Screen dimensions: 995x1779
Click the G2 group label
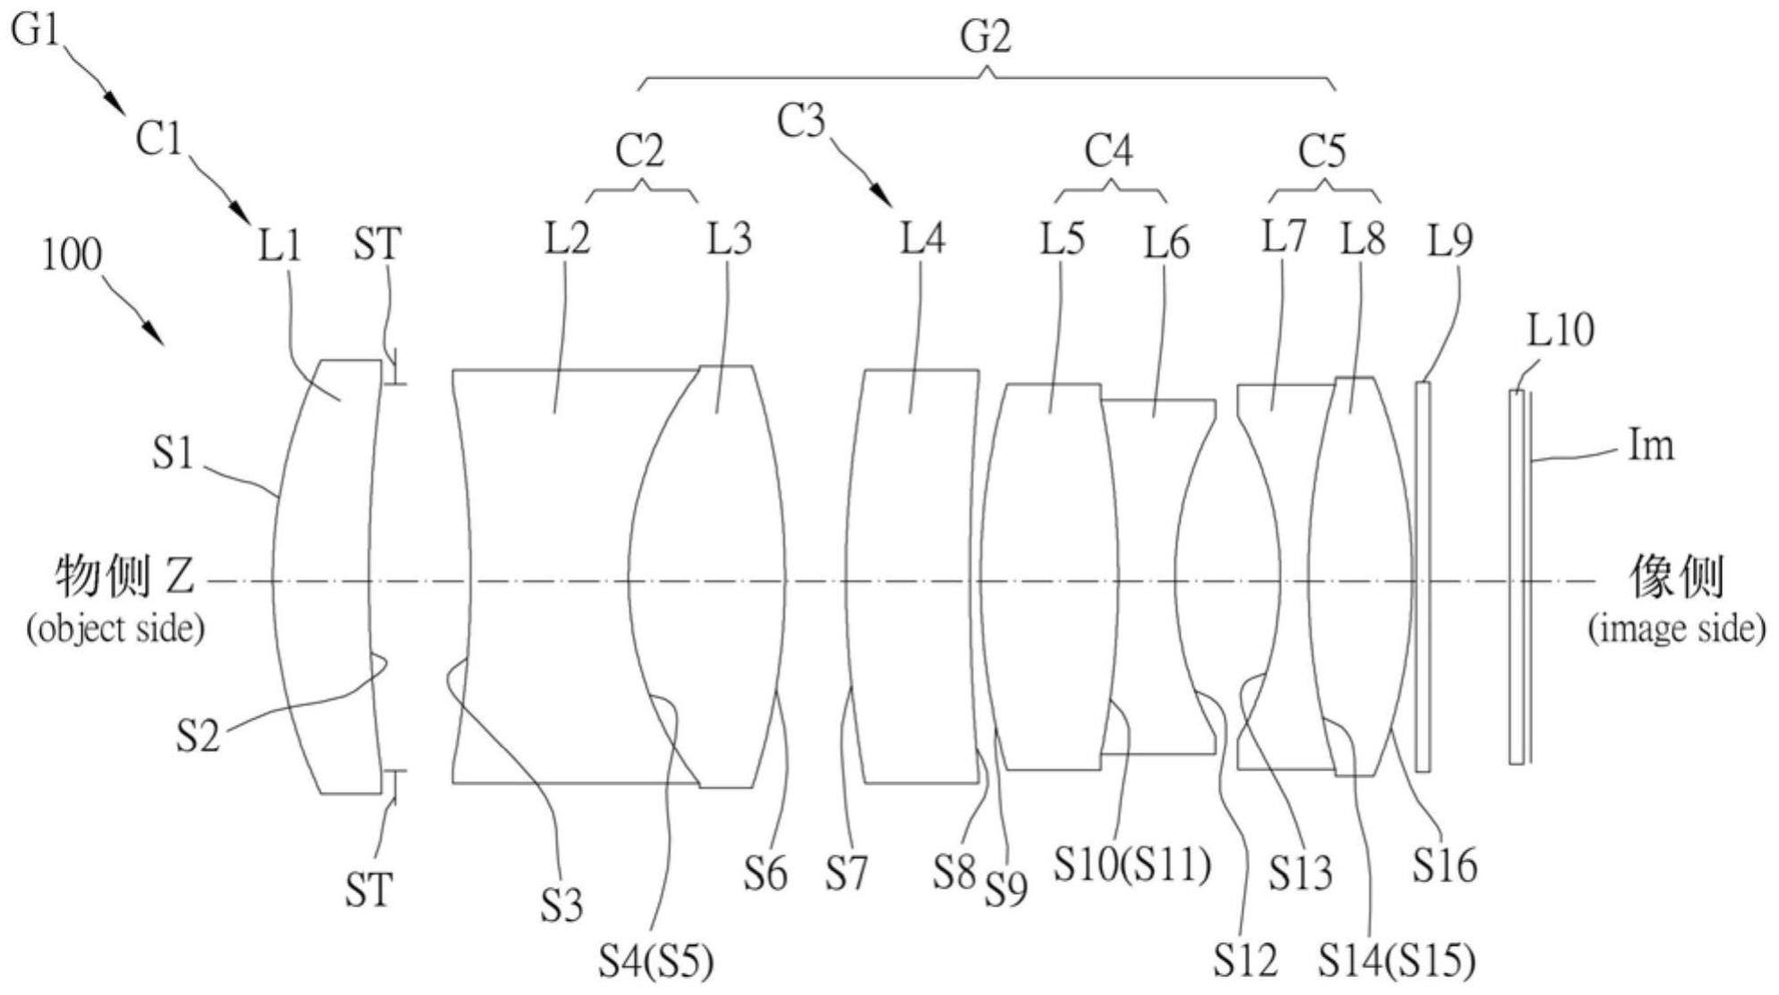[x=985, y=38]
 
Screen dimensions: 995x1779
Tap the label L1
[x=280, y=243]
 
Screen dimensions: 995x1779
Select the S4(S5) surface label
[x=656, y=962]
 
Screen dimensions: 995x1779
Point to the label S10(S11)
[x=1132, y=864]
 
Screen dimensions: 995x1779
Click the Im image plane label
[x=1650, y=445]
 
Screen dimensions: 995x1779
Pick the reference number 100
[x=72, y=256]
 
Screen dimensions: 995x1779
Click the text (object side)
[x=115, y=628]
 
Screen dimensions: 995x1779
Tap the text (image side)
[x=1676, y=628]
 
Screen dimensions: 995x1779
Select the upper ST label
[x=377, y=243]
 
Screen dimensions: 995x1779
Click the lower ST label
[x=368, y=890]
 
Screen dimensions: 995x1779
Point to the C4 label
[x=1109, y=151]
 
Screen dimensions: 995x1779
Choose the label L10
[x=1560, y=331]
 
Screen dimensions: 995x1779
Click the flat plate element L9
[x=1422, y=577]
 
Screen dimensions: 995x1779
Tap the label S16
[x=1444, y=864]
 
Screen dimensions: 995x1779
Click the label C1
[x=158, y=139]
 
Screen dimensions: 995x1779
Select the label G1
[x=36, y=30]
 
